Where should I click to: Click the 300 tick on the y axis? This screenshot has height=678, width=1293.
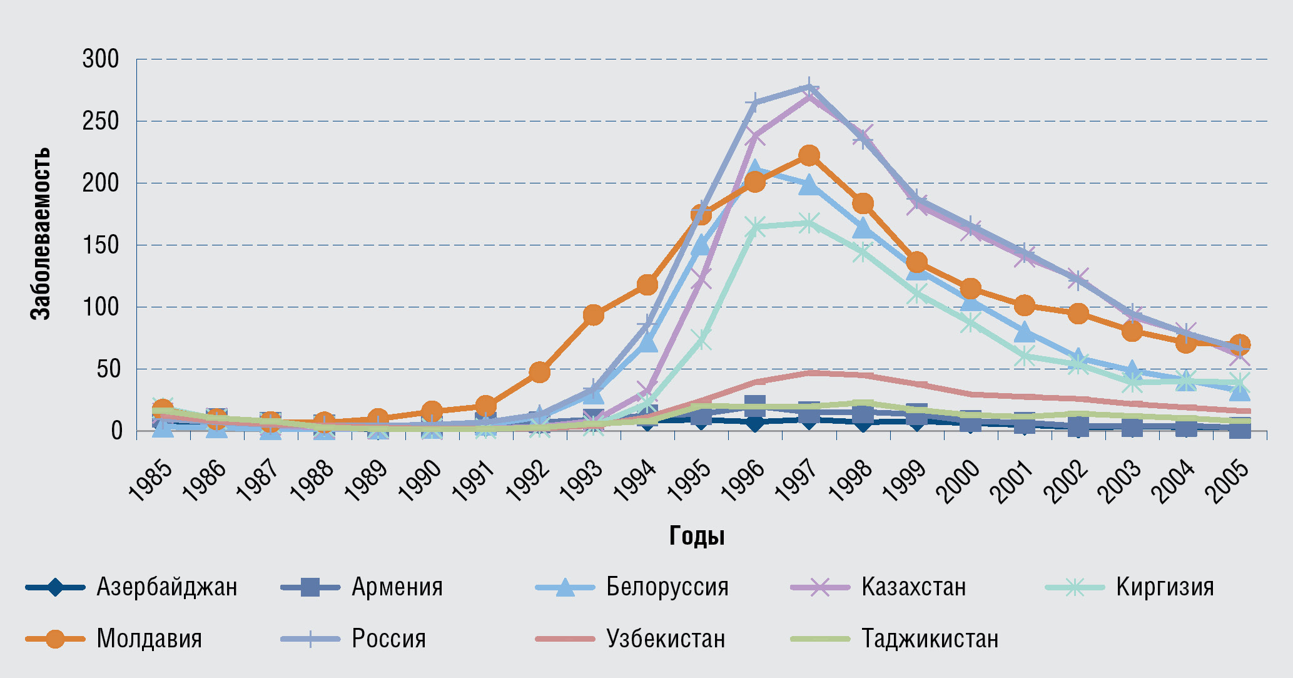tap(101, 59)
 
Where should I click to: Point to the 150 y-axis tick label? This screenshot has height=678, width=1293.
tap(101, 245)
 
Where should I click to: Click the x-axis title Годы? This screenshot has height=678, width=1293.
tap(697, 536)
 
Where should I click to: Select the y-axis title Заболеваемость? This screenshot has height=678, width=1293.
tap(41, 234)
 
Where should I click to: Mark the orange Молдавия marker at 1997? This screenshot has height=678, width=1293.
tap(809, 155)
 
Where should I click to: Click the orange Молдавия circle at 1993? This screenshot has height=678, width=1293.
tap(593, 315)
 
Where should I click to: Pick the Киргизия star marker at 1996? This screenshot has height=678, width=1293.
tap(755, 227)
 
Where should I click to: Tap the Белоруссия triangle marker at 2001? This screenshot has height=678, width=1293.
tap(1024, 332)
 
